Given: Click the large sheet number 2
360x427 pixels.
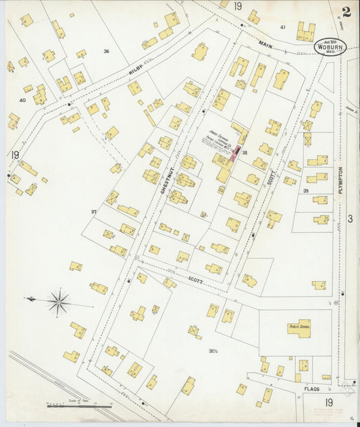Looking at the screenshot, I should (346, 11).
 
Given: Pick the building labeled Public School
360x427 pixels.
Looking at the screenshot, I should (299, 328).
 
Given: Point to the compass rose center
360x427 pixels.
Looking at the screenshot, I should (59, 301).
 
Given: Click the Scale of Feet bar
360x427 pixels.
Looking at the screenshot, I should (80, 405).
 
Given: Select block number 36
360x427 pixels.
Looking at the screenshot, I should (106, 51).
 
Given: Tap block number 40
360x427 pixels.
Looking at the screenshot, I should (22, 100).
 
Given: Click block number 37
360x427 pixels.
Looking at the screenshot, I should (93, 211).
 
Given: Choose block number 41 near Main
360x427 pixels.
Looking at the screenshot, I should (282, 27).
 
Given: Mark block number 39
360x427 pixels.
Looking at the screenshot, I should (305, 191).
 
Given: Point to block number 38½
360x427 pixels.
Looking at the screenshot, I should (213, 351).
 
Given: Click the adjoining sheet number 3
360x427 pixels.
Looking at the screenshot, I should (350, 218).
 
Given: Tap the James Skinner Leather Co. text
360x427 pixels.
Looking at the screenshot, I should (220, 139).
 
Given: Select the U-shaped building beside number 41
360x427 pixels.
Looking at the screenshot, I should (305, 31).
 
